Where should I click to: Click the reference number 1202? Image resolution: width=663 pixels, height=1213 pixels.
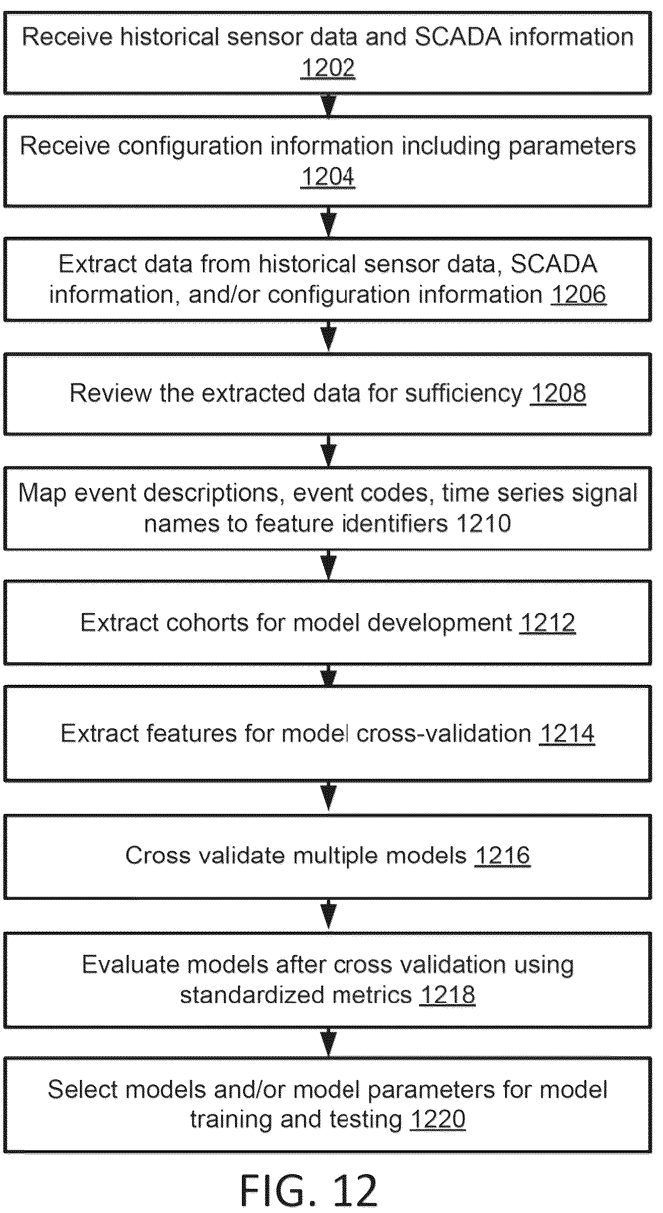[x=328, y=67]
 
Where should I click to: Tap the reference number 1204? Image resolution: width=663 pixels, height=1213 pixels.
[x=328, y=177]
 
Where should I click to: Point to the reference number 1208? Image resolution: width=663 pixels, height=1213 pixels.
[x=558, y=393]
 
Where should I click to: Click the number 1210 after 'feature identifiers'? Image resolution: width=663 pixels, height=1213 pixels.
[x=484, y=524]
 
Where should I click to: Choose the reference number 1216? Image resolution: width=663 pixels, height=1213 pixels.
[x=503, y=855]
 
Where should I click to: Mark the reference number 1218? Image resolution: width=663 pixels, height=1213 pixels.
[x=447, y=995]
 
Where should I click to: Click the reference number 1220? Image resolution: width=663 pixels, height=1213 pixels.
[x=438, y=1119]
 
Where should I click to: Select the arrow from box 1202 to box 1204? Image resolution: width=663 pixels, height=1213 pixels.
[x=329, y=105]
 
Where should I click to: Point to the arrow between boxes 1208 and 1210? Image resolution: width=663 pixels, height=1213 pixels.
[x=329, y=451]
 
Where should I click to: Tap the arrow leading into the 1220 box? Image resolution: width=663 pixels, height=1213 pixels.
[x=329, y=1043]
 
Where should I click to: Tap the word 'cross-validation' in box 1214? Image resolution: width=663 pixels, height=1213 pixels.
[x=444, y=734]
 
